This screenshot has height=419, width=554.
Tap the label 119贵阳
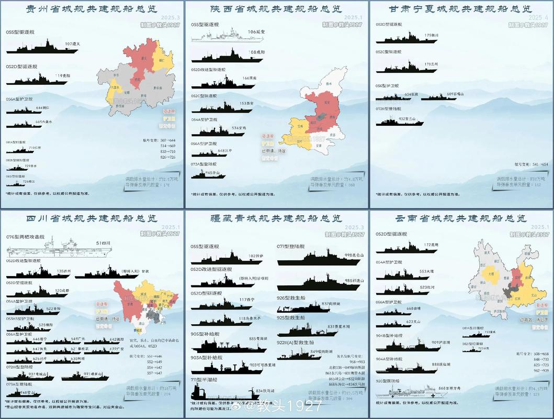[x=63, y=76]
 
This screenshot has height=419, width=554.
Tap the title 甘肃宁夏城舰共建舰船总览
[x=460, y=9]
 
